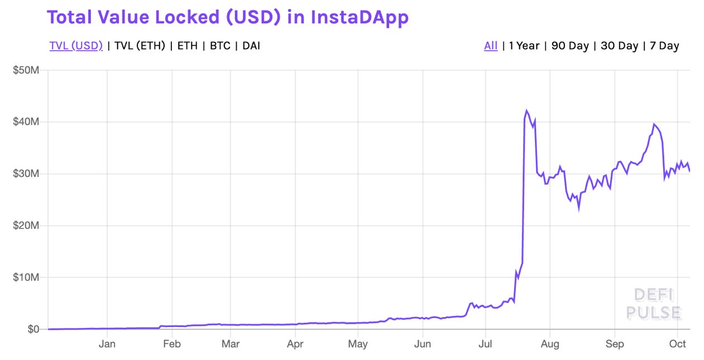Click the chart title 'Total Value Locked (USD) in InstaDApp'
point(228,17)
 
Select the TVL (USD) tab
point(76,46)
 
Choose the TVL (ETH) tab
point(140,46)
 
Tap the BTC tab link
point(220,46)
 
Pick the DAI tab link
point(251,46)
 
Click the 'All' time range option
point(491,46)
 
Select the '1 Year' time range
point(524,46)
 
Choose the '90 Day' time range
point(570,46)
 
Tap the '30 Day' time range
point(619,46)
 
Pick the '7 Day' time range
point(664,46)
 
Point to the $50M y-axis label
point(27,70)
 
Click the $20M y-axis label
point(27,225)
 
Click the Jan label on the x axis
point(107,344)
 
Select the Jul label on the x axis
point(486,344)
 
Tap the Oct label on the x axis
point(678,344)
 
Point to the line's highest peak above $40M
point(526,111)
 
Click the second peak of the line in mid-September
point(654,124)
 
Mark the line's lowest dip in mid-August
point(578,208)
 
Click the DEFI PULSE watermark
point(654,304)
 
